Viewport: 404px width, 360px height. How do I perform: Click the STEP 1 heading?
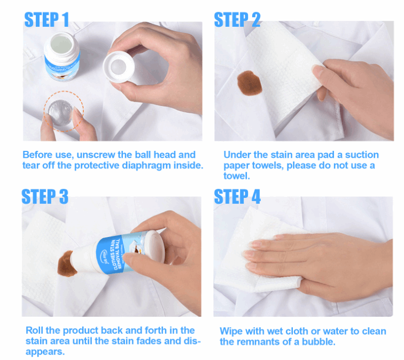pyautogui.click(x=47, y=20)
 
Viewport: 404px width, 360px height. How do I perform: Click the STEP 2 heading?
pyautogui.click(x=237, y=20)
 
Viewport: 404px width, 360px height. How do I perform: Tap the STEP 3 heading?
pyautogui.click(x=45, y=196)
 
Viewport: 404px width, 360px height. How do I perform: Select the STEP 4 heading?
pyautogui.click(x=237, y=196)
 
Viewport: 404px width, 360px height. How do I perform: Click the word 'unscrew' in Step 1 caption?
pyautogui.click(x=96, y=155)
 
